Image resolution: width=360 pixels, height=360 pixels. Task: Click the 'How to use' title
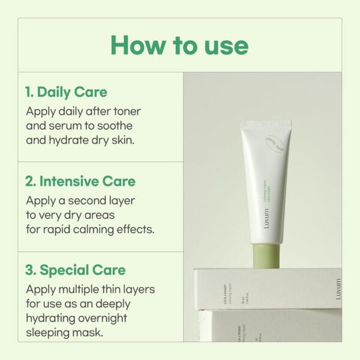(x=179, y=46)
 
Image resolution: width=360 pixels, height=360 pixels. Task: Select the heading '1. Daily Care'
(x=66, y=92)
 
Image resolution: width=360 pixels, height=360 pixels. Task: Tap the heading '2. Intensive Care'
(x=80, y=181)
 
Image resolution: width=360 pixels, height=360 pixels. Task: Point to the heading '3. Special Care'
(x=76, y=270)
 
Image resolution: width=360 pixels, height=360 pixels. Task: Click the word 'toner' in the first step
(x=126, y=112)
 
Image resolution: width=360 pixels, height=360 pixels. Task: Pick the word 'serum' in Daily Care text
(x=67, y=126)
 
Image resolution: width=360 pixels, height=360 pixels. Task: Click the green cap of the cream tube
(x=265, y=257)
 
